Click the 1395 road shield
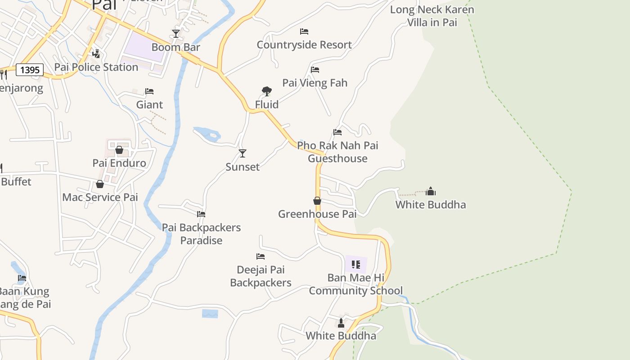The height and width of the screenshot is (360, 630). click(30, 70)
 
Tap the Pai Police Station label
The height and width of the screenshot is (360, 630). click(96, 67)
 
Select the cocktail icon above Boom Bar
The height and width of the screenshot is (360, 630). click(176, 34)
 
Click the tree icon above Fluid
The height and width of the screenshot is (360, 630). click(267, 92)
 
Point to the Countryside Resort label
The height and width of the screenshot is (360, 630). click(304, 45)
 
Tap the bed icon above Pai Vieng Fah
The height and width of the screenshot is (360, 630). click(315, 70)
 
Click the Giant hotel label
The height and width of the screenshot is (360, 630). click(149, 105)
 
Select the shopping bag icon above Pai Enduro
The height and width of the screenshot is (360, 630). click(119, 150)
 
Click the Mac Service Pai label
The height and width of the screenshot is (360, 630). click(100, 197)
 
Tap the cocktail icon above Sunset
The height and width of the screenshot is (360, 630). click(243, 153)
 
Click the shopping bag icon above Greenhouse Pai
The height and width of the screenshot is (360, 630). click(317, 201)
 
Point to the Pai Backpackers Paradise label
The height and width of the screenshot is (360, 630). click(201, 234)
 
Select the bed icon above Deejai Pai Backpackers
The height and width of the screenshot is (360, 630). click(261, 256)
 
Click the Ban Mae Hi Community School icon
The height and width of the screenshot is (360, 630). click(356, 264)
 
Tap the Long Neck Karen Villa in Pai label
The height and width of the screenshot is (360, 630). click(432, 16)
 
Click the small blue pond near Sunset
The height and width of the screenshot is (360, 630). click(208, 134)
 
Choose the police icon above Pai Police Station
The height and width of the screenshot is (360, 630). click(96, 54)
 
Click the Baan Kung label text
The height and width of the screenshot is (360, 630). click(23, 292)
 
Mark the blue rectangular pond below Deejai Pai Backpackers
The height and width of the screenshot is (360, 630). click(210, 314)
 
